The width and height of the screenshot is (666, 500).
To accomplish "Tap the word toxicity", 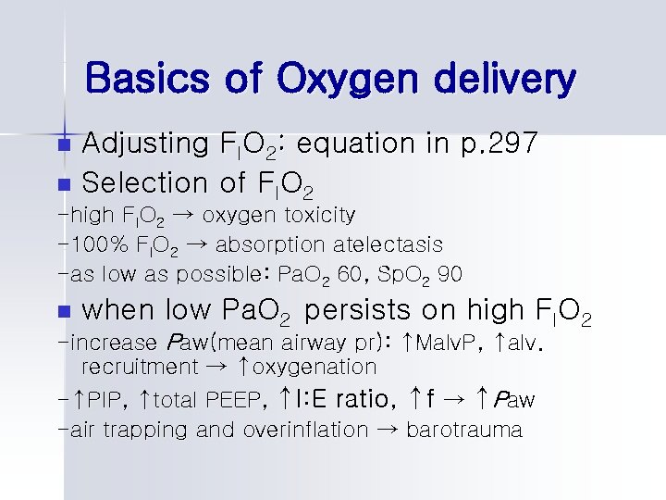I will click(x=317, y=216).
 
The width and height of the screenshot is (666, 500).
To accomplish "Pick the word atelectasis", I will click(x=390, y=245).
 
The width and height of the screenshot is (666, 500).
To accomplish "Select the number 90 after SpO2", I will click(x=450, y=275).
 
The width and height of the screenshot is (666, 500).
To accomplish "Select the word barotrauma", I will click(x=463, y=430).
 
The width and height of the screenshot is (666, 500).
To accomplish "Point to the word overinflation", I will click(x=304, y=430).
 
